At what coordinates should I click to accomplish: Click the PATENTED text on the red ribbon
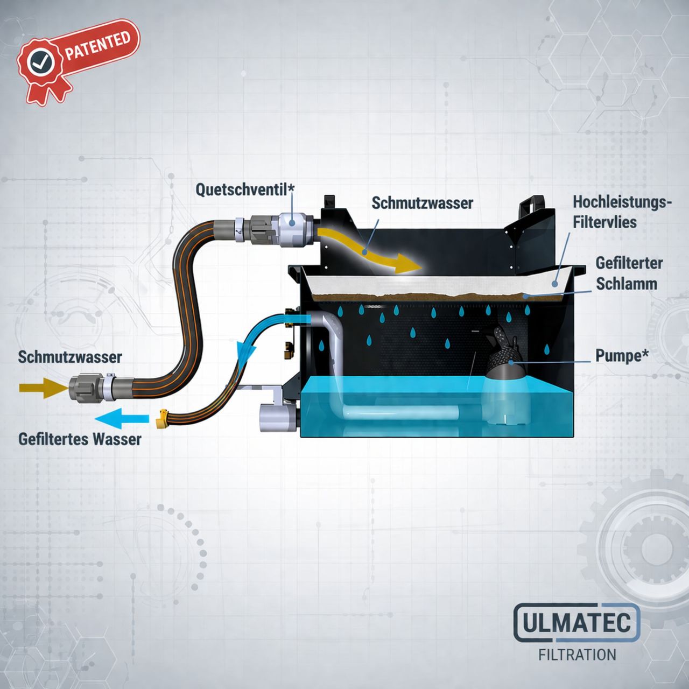(x=97, y=46)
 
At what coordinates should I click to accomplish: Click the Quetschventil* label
(x=245, y=190)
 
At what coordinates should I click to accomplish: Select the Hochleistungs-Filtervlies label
(x=622, y=212)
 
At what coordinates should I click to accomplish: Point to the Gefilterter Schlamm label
(x=629, y=273)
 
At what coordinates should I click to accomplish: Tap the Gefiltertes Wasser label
(x=80, y=439)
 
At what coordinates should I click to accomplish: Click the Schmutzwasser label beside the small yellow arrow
(x=70, y=357)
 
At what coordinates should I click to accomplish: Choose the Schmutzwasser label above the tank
(x=422, y=203)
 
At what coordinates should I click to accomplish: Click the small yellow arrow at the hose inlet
(x=43, y=388)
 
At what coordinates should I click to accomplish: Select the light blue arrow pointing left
(x=122, y=419)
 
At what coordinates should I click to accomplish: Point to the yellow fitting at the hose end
(x=163, y=418)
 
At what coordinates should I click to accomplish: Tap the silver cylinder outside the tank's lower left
(x=277, y=417)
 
